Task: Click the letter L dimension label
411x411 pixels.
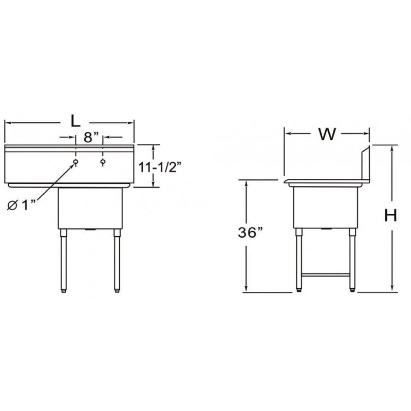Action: tap(75, 121)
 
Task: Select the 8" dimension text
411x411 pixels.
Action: tap(89, 137)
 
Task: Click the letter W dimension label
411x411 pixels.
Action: tap(327, 134)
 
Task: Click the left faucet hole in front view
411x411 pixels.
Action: tap(76, 163)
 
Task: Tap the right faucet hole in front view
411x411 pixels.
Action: tap(103, 163)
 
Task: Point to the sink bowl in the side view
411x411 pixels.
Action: tap(325, 206)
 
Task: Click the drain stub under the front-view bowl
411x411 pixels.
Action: tap(91, 229)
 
